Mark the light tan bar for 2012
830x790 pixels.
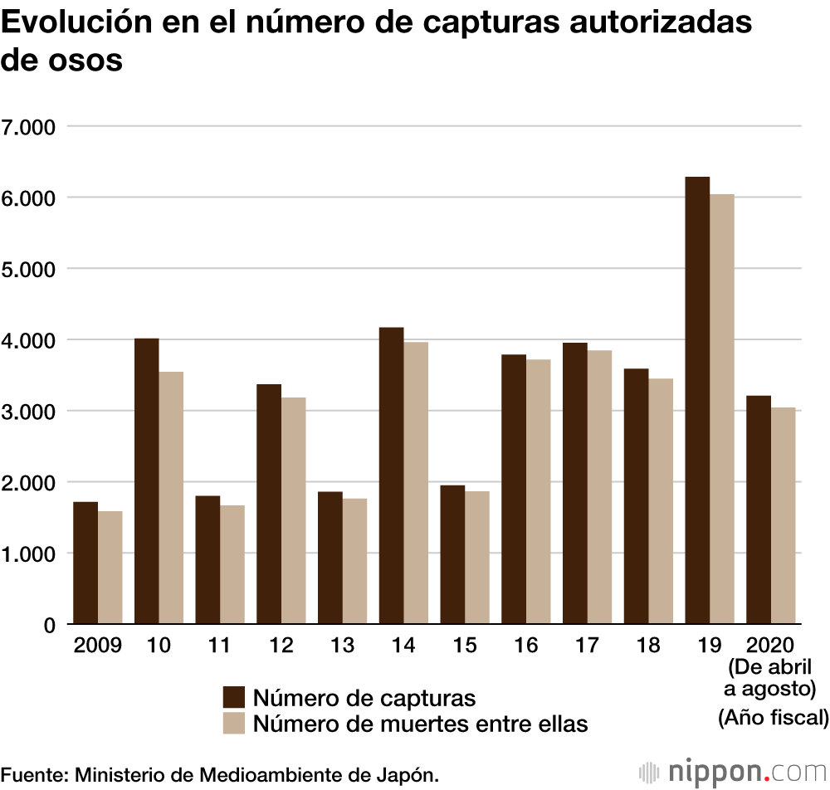293,510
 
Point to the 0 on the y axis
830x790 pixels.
50,625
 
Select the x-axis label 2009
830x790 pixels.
97,646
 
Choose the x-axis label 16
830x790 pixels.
525,646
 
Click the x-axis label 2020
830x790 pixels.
770,646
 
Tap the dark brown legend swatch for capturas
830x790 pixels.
234,697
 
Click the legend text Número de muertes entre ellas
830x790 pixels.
421,724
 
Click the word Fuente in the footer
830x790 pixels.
32,774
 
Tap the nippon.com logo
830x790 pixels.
730,772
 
